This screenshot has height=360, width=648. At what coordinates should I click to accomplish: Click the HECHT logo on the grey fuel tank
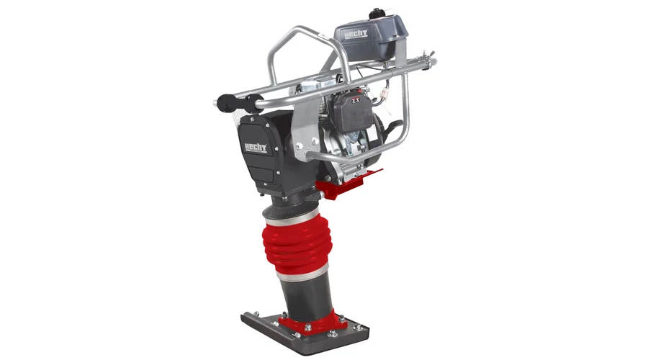tap(356, 35)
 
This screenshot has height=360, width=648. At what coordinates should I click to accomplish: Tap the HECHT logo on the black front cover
tap(256, 147)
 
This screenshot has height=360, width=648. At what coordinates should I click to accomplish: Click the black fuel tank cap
tap(376, 14)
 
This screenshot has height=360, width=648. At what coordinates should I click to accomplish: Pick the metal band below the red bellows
tap(303, 273)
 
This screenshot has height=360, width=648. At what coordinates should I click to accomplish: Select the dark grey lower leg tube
tap(306, 294)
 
